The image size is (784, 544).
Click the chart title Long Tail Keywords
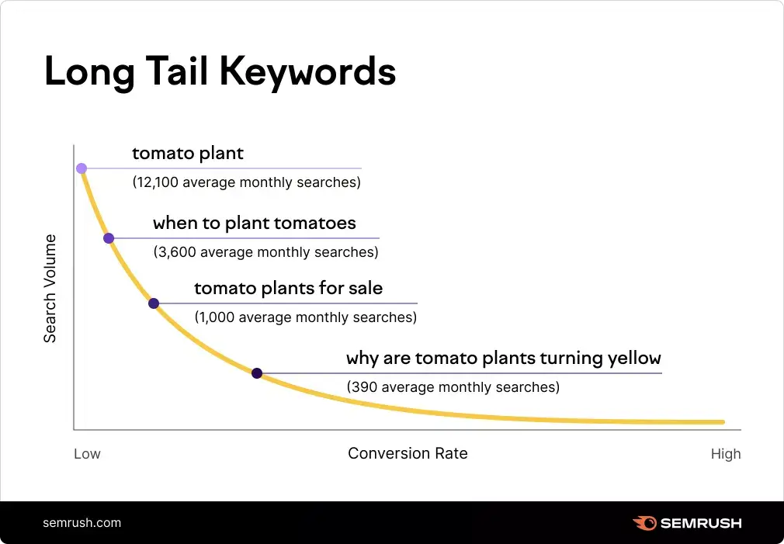220,72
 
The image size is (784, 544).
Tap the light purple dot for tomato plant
82,168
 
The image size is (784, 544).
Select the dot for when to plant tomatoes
109,238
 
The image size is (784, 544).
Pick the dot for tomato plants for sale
154,303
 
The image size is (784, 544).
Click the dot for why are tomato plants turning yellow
257,373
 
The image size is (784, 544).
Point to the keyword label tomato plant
188,153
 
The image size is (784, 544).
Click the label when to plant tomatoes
254,223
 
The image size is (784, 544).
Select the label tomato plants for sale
288,289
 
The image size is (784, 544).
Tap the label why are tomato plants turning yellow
503,359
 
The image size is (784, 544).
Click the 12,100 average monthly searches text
247,183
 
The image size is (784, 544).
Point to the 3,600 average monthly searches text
265,252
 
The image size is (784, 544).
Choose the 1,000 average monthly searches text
305,317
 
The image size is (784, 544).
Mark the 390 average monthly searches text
453,386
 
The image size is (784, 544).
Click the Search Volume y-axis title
50,288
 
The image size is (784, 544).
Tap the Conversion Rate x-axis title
408,453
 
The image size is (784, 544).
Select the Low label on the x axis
87,454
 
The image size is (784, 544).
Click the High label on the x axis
726,454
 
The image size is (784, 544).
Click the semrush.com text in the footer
82,522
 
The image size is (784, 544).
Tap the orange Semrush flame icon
644,523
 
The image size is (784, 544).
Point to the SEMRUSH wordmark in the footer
701,523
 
